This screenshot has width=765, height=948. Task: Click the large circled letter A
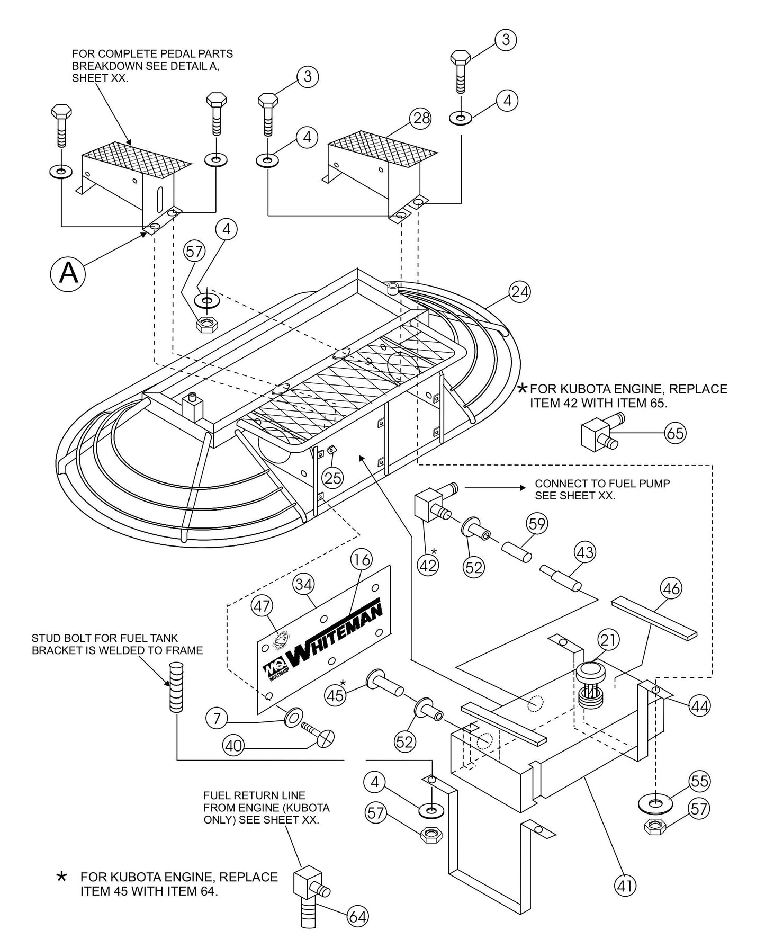coord(68,273)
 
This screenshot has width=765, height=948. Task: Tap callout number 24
coord(519,291)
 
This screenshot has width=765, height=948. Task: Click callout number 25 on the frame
coord(333,478)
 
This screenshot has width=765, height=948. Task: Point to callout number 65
coord(675,433)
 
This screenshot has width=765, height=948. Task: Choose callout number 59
coord(537,524)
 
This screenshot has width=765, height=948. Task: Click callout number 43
coord(585,552)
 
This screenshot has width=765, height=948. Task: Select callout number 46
coord(671,588)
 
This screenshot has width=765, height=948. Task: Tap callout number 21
coord(609,640)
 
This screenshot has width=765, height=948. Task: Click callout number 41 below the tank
coord(625,885)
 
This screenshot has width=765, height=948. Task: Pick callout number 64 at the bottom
coord(357,917)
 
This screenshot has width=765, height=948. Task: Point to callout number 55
coord(699,780)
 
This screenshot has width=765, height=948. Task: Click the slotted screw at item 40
coord(320,735)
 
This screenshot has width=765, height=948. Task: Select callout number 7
coord(216,719)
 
